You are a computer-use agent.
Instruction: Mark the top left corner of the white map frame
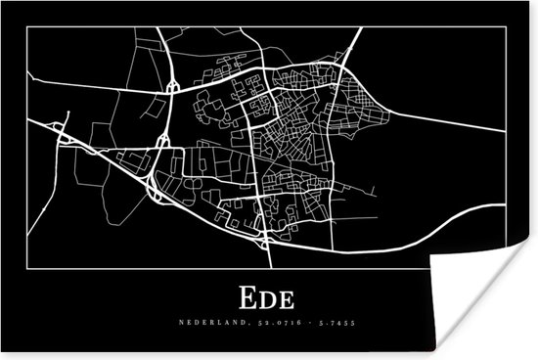click(28, 27)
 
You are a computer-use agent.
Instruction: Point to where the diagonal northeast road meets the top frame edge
click(362, 27)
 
